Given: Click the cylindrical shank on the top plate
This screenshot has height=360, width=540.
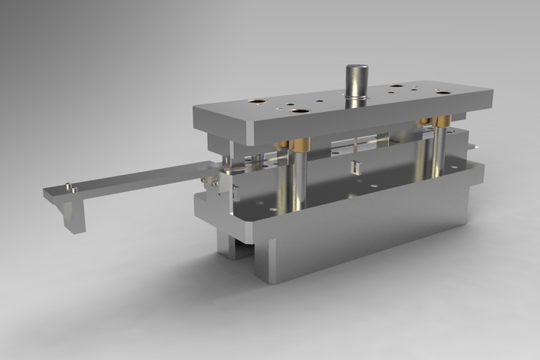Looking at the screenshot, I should click(x=356, y=80).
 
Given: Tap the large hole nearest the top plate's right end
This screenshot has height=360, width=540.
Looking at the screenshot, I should click(x=443, y=92).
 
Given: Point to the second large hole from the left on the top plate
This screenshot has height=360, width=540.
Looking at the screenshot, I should click(x=300, y=111).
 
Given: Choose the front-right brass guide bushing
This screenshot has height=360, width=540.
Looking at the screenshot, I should click(x=443, y=121).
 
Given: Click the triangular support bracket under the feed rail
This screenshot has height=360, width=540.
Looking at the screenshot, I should click(x=74, y=216).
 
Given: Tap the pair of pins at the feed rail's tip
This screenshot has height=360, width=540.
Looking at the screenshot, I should click(x=69, y=185).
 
